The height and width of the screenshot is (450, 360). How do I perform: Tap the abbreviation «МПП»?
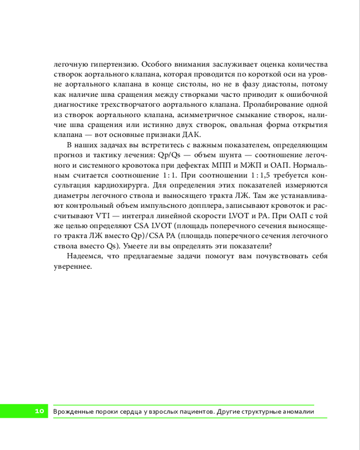pos(220,166)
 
